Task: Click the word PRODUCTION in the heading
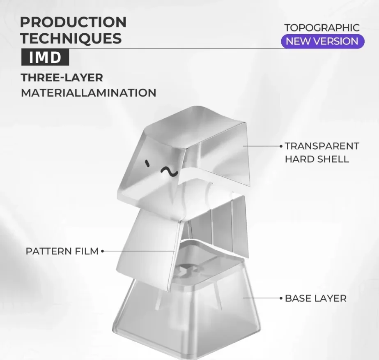pyautogui.click(x=73, y=22)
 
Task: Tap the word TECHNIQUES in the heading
pyautogui.click(x=71, y=38)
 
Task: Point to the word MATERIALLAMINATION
pyautogui.click(x=89, y=93)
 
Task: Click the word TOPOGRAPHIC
pyautogui.click(x=322, y=28)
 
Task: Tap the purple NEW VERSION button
pyautogui.click(x=322, y=41)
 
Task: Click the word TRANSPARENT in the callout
pyautogui.click(x=322, y=146)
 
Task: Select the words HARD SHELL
pyautogui.click(x=317, y=159)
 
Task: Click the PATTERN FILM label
pyautogui.click(x=62, y=251)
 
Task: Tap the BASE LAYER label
pyautogui.click(x=315, y=298)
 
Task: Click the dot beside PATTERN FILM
pyautogui.click(x=103, y=251)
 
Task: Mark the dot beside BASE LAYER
pyautogui.click(x=281, y=298)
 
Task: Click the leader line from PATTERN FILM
pyautogui.click(x=140, y=251)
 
